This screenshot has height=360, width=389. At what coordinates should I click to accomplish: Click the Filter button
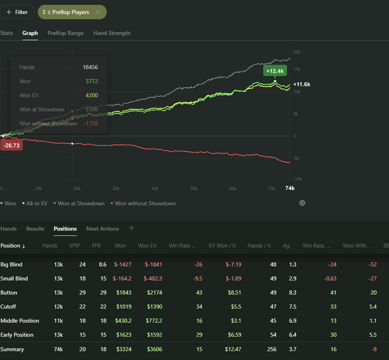17,12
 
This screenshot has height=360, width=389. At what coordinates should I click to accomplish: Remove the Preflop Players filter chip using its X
98,12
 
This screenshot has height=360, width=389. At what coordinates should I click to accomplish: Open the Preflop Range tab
66,33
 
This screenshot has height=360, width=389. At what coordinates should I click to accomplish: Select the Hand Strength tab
112,33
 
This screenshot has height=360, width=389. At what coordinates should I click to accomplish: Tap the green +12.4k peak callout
275,71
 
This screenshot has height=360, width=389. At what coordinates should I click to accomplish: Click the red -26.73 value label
11,145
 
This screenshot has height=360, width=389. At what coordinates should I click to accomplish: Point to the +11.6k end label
302,84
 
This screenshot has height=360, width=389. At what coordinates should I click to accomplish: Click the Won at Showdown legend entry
81,203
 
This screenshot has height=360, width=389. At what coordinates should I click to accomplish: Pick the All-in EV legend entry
37,203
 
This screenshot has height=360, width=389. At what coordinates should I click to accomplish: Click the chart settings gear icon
302,203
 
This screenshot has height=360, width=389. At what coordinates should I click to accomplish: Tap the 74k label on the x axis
290,188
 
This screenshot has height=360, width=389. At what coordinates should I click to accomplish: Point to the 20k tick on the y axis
297,52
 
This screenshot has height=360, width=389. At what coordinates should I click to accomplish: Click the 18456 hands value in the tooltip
91,67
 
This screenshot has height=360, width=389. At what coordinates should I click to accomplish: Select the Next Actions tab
102,228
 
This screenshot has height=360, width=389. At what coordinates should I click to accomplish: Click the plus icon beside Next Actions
132,228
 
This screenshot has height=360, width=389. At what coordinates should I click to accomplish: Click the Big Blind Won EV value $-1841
153,264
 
